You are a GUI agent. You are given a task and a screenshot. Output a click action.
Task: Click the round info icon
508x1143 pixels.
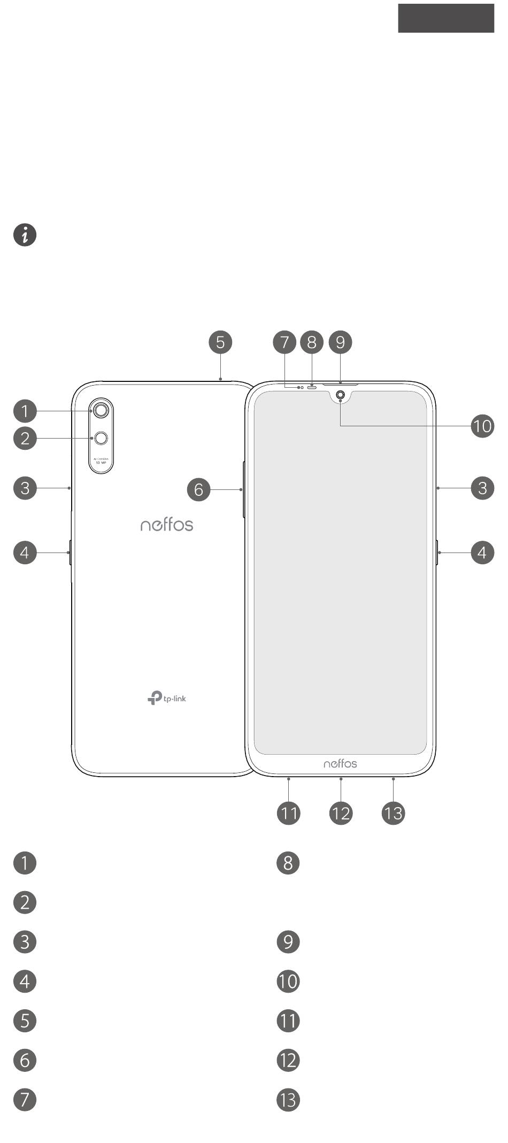click(25, 235)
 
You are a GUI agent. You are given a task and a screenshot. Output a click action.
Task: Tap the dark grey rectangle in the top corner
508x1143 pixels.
click(446, 18)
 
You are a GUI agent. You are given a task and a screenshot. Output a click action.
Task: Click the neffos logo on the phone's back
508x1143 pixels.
click(167, 525)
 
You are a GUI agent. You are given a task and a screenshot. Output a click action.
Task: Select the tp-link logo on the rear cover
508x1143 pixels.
click(167, 698)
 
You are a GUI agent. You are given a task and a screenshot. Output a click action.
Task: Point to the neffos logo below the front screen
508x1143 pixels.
click(340, 763)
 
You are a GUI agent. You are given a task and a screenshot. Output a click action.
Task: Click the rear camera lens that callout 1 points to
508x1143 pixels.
click(101, 410)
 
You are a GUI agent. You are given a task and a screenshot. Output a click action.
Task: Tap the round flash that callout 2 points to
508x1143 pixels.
click(101, 439)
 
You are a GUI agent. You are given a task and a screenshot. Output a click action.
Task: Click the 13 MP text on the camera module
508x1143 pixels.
click(101, 463)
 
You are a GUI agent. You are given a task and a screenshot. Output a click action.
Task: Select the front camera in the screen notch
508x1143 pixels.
click(340, 396)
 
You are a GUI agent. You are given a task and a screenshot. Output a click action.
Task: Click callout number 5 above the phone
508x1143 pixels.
click(220, 342)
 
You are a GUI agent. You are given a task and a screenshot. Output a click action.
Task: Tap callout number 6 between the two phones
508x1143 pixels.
click(199, 489)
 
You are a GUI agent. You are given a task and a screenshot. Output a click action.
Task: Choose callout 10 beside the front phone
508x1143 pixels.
click(482, 426)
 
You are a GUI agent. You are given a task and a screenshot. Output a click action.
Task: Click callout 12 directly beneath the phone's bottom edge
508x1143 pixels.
click(341, 814)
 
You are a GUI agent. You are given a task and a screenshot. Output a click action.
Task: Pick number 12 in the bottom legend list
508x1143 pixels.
click(288, 1060)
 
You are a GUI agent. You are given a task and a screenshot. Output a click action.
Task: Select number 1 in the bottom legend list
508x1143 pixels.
click(25, 863)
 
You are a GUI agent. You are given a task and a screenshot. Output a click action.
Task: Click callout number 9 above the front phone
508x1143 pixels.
click(341, 342)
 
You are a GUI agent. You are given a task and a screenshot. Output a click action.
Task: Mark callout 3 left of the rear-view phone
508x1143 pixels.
click(25, 488)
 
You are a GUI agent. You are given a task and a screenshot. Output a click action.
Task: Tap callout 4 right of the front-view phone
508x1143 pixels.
click(482, 552)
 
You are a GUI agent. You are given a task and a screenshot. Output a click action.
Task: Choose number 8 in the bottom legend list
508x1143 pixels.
click(288, 863)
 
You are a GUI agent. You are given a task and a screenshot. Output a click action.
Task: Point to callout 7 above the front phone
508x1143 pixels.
click(284, 342)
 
